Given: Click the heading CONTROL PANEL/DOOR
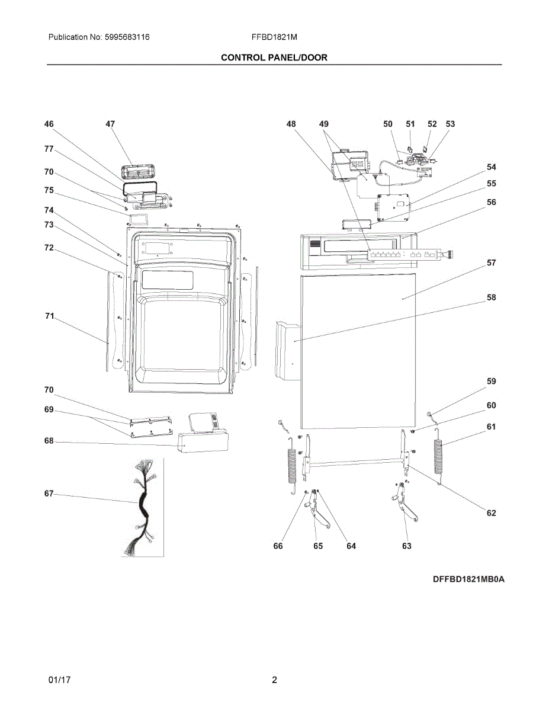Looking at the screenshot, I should tap(274, 57).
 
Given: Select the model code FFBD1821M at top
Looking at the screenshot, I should tap(274, 37).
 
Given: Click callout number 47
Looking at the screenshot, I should tap(110, 124).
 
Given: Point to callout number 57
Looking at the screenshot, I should tap(491, 262).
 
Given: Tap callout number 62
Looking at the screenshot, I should tap(491, 513).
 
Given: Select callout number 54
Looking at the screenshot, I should tap(491, 167).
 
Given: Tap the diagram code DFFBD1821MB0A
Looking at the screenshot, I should tap(468, 579).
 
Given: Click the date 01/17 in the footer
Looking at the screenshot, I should tap(59, 680).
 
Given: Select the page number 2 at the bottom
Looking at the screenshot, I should tap(274, 680).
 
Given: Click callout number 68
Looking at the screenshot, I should tap(49, 441).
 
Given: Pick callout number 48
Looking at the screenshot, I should tap(291, 124).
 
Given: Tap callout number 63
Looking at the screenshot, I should tap(406, 546).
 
